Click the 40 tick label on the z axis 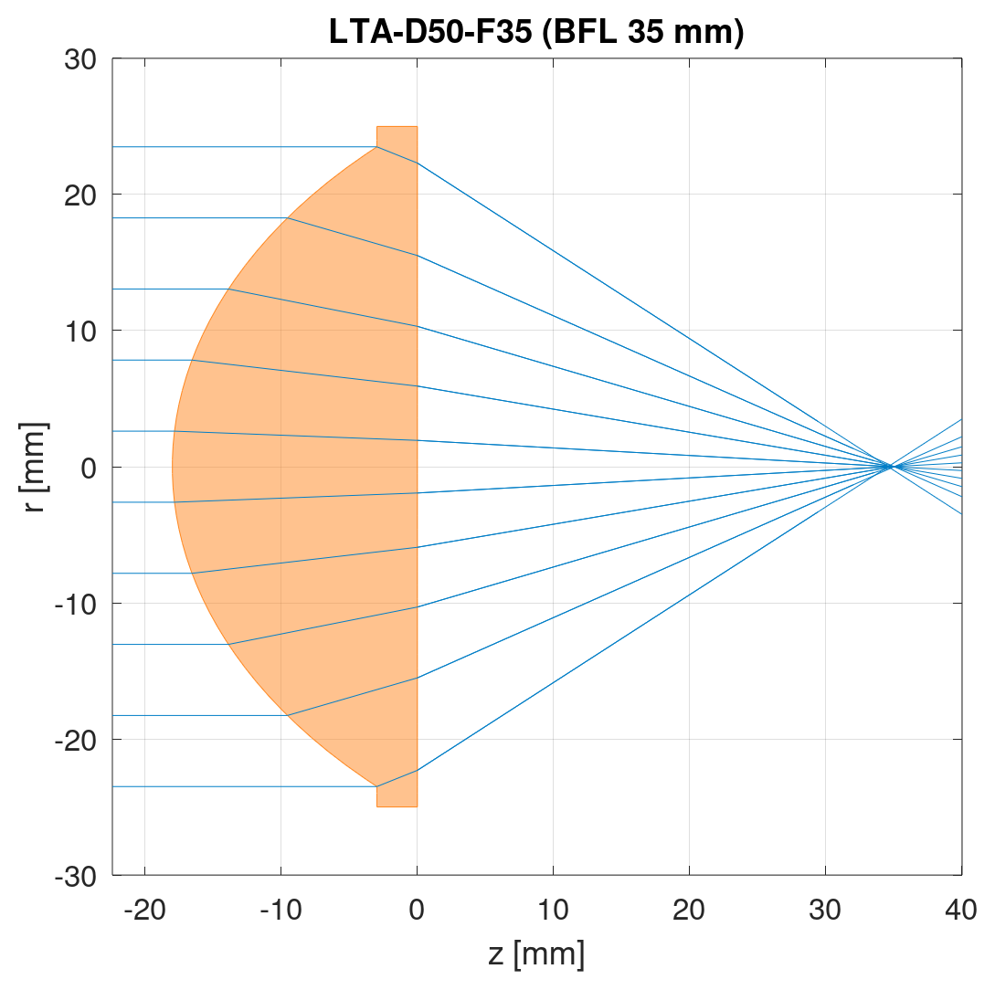[961, 910]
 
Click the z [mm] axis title [536, 955]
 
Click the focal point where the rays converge [889, 467]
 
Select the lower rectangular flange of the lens [397, 796]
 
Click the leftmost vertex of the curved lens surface [173, 467]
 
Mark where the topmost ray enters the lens [376, 147]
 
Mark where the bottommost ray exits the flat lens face [417, 770]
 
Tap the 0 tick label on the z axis [417, 910]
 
